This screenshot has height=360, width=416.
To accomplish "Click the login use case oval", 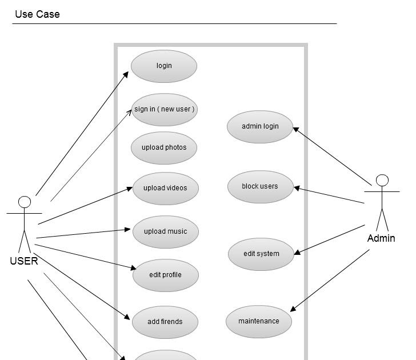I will [164, 66].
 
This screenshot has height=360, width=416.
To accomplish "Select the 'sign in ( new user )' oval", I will [165, 109].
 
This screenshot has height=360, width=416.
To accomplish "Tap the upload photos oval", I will [165, 147].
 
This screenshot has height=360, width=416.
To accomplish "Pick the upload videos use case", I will [166, 188].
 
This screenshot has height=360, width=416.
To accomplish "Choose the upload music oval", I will [166, 231].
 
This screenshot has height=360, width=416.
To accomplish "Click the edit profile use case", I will [166, 275].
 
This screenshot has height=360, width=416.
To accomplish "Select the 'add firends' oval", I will [165, 322].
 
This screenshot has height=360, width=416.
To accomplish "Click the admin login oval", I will [260, 126].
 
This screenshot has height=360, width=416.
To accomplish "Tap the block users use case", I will [260, 186].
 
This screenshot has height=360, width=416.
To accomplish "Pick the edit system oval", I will [261, 254].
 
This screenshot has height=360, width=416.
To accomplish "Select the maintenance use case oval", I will [259, 321].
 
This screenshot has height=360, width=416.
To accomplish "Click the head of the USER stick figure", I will [25, 202].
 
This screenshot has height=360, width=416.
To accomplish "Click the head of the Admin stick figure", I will [382, 181].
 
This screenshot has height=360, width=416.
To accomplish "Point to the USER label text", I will [24, 261].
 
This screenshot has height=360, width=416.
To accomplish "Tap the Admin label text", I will [381, 238].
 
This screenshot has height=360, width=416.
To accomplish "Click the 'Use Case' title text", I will [37, 14].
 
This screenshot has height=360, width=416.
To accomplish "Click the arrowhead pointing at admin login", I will [296, 129].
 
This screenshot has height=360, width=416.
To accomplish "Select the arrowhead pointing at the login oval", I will [126, 74].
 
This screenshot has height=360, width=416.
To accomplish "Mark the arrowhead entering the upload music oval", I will [129, 230].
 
